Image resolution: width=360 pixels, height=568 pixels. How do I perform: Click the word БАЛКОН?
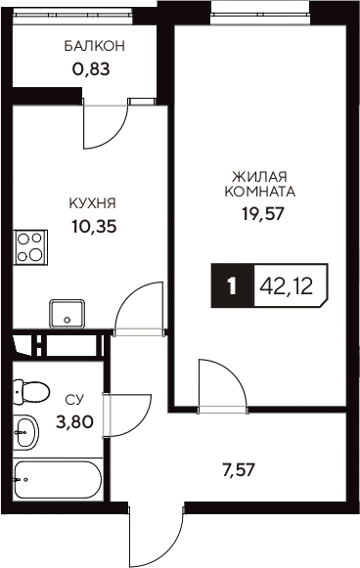(x=95, y=46)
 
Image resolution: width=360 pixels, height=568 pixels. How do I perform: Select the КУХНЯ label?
(x=93, y=203)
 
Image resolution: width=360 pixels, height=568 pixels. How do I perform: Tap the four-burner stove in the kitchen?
(x=31, y=246)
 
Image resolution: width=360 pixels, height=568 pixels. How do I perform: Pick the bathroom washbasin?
(x=25, y=428)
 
